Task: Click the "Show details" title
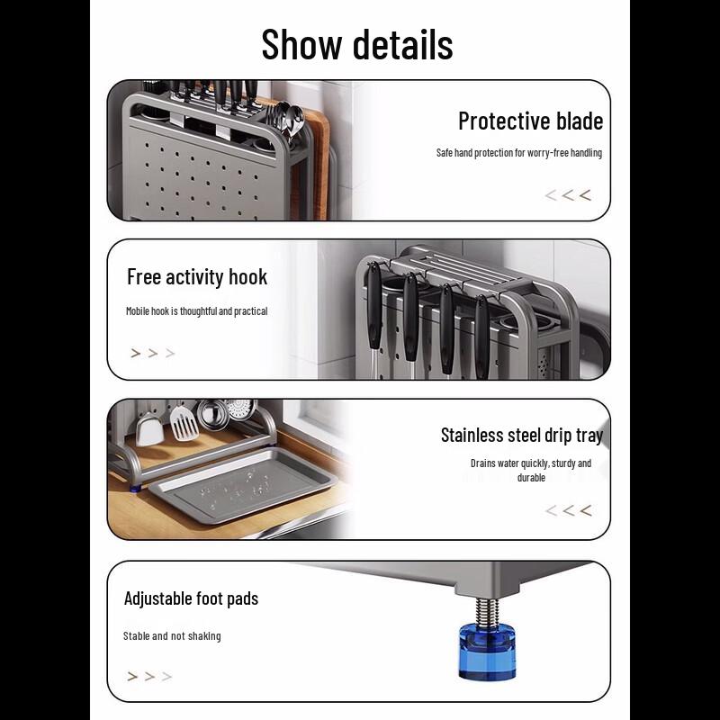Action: point(357,44)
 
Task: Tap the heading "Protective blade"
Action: point(530,121)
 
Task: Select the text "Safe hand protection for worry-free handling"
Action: point(518,153)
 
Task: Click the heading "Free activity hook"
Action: point(197,276)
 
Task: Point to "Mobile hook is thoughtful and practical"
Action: point(196,311)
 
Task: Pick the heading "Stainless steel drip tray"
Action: point(521,435)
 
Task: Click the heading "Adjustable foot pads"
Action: point(191,598)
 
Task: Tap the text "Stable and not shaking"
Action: point(172,636)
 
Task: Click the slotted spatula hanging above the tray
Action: point(184,423)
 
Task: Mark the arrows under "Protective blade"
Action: point(568,195)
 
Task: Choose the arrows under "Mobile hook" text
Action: point(152,354)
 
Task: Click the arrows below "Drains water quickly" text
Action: point(568,511)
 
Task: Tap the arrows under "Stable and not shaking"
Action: point(149,677)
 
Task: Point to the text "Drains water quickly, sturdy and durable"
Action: point(531,471)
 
